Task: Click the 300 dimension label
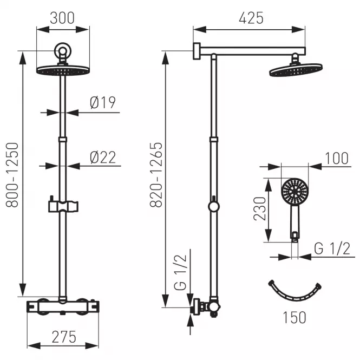[x=62, y=18]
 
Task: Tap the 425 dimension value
[x=251, y=18]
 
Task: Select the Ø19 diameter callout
[x=103, y=103]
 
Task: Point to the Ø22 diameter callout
[x=103, y=158]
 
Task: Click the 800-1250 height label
[x=12, y=175]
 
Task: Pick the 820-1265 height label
[x=156, y=175]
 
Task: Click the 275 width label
[x=64, y=337]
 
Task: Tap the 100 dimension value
[x=337, y=159]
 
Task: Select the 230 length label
[x=259, y=208]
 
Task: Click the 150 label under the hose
[x=294, y=318]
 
